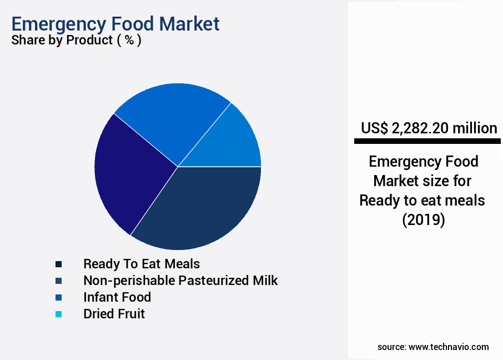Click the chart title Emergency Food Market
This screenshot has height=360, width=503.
[115, 24]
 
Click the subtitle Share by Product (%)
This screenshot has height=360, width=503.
[76, 41]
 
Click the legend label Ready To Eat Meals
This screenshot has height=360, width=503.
[142, 263]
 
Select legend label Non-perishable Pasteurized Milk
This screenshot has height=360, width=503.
[180, 280]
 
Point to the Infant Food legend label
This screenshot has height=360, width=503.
[117, 297]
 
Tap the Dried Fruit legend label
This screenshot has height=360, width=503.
[114, 313]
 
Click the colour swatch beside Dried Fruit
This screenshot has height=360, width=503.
[59, 314]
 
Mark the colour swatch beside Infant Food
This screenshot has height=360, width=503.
[59, 297]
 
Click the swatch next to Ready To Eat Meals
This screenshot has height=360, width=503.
[59, 264]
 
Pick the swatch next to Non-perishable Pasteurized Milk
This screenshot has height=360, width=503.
[59, 281]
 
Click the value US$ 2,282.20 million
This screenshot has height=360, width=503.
[429, 128]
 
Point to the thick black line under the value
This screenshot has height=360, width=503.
[427, 142]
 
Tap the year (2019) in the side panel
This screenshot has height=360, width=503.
[423, 219]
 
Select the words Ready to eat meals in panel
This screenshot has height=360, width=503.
[422, 200]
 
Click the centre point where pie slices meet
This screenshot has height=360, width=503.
[178, 166]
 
